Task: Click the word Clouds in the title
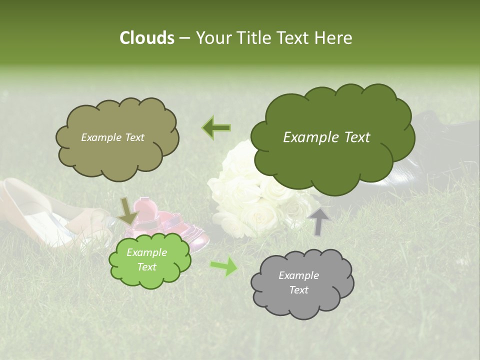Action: pos(146,38)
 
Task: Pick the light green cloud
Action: pos(149,259)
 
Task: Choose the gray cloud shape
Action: pos(302,283)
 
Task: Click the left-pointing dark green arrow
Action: pos(216,127)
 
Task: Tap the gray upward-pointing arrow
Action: pos(318,220)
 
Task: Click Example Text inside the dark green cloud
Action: pos(326,137)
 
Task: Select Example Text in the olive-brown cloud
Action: pos(112,137)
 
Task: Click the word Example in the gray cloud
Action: pos(298,275)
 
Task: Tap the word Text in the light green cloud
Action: pos(146,267)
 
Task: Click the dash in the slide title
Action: pos(183,38)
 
